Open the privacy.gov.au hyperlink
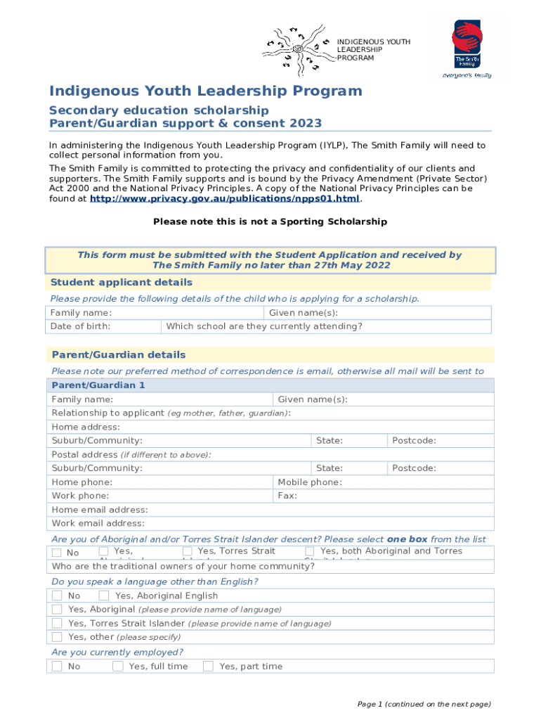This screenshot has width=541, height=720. [225, 199]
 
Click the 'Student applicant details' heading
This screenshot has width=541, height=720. [122, 283]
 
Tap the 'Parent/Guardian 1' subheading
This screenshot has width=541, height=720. [98, 385]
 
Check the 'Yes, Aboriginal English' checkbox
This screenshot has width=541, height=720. [104, 596]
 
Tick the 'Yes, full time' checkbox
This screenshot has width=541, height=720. [118, 666]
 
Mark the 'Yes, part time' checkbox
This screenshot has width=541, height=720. [208, 666]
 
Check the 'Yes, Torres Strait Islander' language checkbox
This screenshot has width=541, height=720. [57, 623]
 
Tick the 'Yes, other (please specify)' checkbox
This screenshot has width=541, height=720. [57, 637]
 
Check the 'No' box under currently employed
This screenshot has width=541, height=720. [57, 666]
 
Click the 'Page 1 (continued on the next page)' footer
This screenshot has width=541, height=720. [424, 704]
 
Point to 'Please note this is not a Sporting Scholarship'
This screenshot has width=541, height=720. [270, 221]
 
